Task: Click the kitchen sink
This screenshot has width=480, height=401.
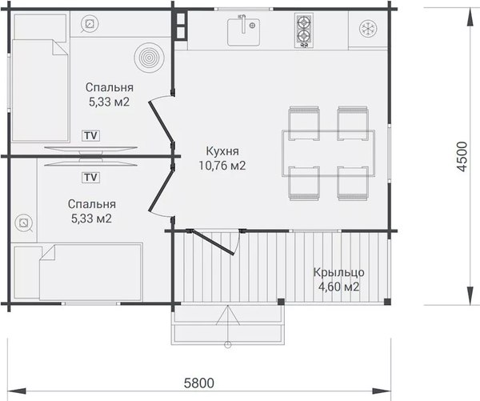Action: click(x=243, y=32)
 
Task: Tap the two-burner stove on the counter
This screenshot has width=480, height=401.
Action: click(x=304, y=30)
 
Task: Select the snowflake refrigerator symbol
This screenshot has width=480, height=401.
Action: click(x=368, y=29)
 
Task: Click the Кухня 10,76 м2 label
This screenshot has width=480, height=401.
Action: click(x=222, y=158)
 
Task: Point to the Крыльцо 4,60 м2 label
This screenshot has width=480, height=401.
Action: click(x=339, y=279)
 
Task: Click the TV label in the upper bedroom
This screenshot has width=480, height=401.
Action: click(x=91, y=135)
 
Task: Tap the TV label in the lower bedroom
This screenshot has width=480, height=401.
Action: click(x=91, y=177)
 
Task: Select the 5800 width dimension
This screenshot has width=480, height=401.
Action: click(x=199, y=383)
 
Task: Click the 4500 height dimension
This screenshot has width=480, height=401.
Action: click(x=462, y=156)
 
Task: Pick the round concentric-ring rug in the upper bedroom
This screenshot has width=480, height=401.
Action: click(x=149, y=58)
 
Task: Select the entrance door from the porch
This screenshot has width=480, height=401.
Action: click(x=212, y=242)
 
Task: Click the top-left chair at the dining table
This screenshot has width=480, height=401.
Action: click(x=304, y=123)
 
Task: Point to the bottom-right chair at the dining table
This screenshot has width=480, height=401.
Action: click(x=353, y=183)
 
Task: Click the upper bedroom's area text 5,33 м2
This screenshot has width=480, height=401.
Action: click(x=110, y=102)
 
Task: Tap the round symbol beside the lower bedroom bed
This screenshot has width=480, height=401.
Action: click(x=23, y=223)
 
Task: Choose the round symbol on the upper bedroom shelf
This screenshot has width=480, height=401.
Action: click(x=90, y=24)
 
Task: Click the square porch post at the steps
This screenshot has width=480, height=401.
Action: click(x=281, y=302)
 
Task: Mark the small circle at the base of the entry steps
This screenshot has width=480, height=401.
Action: click(x=227, y=345)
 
